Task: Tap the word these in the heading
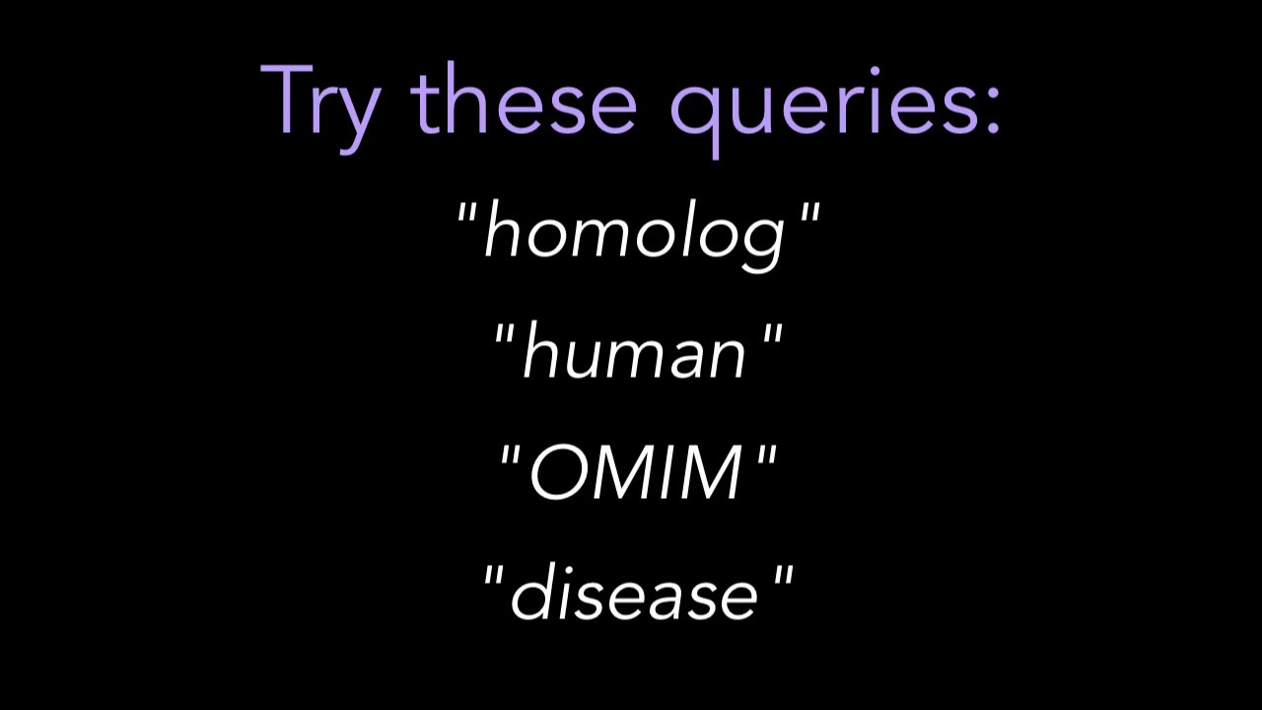coord(524,101)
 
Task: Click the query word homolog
coord(636,234)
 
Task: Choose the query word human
coord(635,353)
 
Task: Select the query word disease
coord(635,595)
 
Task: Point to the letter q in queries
coord(694,110)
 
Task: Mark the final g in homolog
coord(764,242)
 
